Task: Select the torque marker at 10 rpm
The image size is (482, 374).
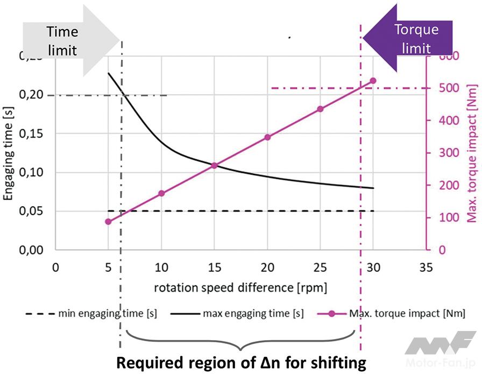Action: click(161, 193)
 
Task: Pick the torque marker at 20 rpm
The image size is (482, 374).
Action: click(267, 137)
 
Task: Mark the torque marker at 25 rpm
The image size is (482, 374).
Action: click(320, 109)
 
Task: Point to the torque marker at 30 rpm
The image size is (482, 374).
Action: click(373, 81)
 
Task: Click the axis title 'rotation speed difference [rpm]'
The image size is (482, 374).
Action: click(240, 286)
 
